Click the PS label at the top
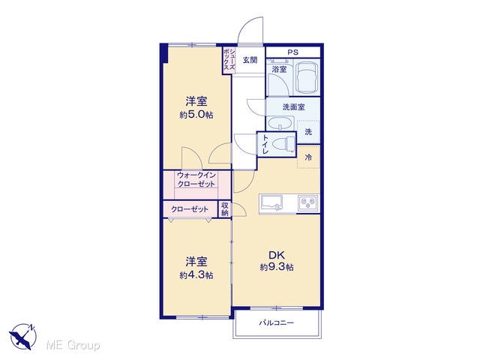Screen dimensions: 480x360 click(292, 52)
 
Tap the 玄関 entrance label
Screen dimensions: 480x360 click(250, 60)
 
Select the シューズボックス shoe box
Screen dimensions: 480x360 click(229, 60)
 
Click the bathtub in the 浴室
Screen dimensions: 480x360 click(307, 78)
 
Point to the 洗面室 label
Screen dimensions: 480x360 click(293, 107)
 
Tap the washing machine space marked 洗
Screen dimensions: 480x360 click(308, 132)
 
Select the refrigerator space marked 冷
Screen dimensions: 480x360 click(308, 157)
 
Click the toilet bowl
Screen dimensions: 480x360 click(283, 144)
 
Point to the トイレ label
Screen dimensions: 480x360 click(265, 145)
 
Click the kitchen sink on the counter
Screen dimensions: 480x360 click(271, 203)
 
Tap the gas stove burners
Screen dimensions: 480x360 click(308, 202)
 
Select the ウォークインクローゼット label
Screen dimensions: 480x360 click(196, 180)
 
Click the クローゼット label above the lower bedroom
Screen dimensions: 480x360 click(190, 209)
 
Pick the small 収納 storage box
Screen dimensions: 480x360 click(225, 208)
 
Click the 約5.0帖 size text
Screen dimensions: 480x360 click(196, 115)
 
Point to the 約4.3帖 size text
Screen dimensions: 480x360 click(196, 275)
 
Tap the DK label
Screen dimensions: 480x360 click(277, 255)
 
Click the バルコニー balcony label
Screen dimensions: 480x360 click(277, 322)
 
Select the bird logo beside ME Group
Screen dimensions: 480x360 click(22, 337)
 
